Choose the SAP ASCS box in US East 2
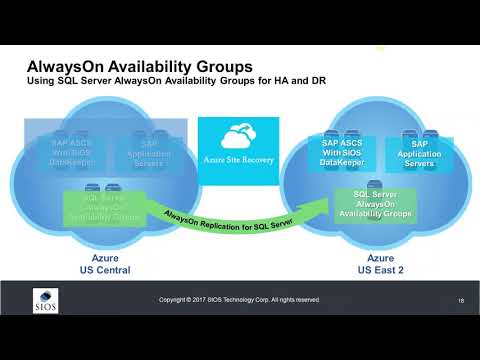(x=343, y=155)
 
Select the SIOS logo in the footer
(x=46, y=299)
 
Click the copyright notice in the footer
(x=240, y=299)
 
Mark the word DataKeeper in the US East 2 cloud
(x=343, y=166)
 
